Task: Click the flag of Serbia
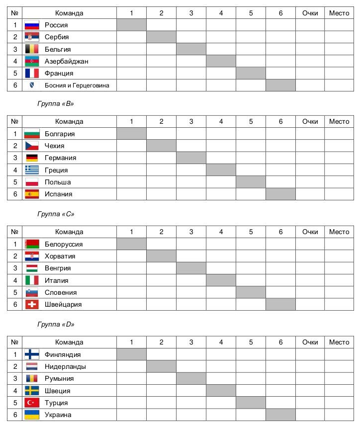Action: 32,37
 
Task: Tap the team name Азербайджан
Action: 66,61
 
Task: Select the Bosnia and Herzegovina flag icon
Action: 32,86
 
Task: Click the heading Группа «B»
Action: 56,104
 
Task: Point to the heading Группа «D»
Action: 56,324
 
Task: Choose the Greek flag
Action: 32,170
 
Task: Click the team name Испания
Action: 58,194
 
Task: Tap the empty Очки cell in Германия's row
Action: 310,158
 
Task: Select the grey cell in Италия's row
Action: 221,280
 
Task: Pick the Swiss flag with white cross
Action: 32,304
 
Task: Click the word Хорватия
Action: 60,257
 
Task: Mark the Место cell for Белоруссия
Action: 339,244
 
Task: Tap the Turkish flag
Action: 32,403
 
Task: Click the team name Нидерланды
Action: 65,366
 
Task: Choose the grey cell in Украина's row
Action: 280,415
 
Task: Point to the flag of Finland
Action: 32,354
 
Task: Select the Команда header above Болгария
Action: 69,121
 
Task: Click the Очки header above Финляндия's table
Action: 310,342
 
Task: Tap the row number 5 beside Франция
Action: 15,73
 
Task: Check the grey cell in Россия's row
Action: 131,25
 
